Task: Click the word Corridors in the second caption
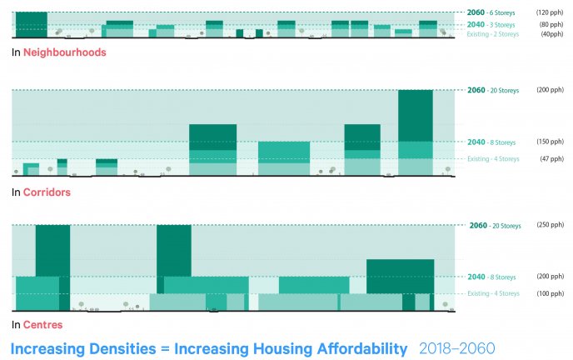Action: [47, 192]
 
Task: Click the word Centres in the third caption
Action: [43, 324]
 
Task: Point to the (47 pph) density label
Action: [551, 158]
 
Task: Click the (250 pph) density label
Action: [551, 225]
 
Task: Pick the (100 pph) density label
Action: [551, 293]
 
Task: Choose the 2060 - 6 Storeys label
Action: [491, 13]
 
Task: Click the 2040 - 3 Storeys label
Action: [491, 25]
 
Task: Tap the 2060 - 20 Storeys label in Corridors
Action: [493, 90]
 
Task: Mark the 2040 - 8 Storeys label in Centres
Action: [492, 277]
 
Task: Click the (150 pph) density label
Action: [551, 142]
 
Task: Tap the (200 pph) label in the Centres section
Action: [551, 277]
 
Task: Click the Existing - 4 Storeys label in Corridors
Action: [493, 158]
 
